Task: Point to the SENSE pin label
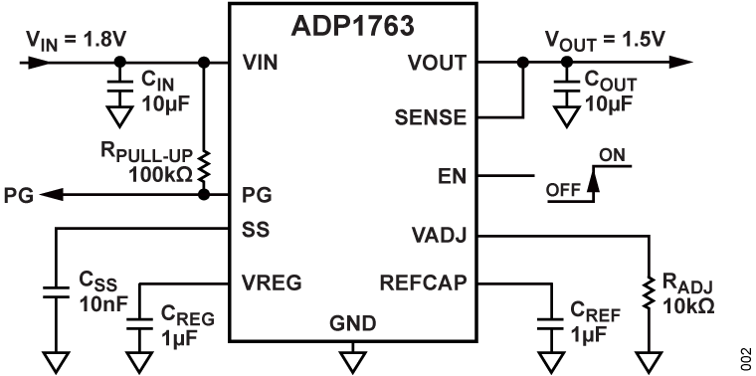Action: point(433,117)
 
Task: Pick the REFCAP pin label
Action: point(425,282)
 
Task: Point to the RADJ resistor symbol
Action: point(648,294)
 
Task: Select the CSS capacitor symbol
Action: point(54,292)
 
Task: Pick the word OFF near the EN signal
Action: point(564,188)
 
